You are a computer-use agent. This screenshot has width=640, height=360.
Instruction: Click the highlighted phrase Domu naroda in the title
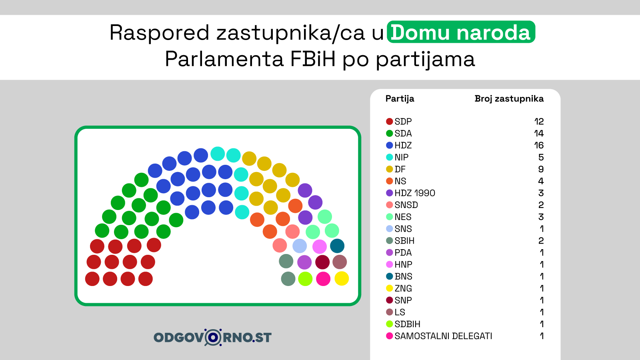[460, 32]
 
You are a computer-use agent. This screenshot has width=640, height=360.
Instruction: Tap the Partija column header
[400, 99]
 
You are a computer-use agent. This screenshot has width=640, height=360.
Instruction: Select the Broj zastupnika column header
[509, 98]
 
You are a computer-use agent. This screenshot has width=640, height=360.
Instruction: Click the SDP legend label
[403, 122]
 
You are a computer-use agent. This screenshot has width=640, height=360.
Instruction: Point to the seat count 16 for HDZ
[539, 145]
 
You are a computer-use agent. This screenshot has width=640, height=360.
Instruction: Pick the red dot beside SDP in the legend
[390, 122]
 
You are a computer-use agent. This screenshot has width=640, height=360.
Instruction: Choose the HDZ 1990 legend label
[415, 193]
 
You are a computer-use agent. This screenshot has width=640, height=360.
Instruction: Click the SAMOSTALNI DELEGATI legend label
[444, 336]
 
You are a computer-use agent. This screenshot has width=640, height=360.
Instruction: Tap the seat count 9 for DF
[541, 169]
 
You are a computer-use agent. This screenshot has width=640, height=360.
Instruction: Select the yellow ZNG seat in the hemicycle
[342, 278]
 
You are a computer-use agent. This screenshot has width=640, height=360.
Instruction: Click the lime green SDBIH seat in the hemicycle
[305, 279]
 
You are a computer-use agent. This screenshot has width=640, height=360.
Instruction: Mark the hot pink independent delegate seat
[323, 279]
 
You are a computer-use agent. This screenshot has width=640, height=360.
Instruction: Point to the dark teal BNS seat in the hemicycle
[337, 246]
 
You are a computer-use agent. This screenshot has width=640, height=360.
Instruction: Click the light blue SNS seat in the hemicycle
[300, 246]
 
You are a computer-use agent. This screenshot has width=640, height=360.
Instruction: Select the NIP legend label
[402, 157]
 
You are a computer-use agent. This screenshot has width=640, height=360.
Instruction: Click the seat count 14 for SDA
[539, 133]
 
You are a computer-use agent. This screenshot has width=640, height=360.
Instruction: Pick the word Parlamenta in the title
[224, 59]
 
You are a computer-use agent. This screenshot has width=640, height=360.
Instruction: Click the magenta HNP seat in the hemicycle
[320, 247]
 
